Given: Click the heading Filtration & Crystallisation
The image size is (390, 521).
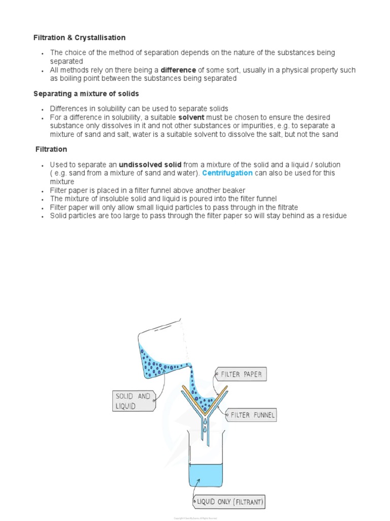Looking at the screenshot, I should (79, 38).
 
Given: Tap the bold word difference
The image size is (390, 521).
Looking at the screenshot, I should (178, 70).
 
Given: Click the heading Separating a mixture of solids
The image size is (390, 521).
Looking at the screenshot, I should (86, 94).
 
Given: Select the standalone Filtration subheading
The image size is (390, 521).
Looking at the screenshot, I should (51, 150).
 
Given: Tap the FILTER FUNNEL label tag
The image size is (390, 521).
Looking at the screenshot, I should (252, 415).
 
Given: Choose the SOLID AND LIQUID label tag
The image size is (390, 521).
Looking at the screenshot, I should (133, 400).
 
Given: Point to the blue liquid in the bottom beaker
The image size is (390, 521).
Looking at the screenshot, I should (205, 475).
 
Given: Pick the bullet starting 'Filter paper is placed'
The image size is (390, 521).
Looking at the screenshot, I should (148, 190).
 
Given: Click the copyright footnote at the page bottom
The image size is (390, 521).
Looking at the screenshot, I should (195, 517).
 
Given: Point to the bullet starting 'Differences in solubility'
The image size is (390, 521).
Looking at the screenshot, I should (139, 109).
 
